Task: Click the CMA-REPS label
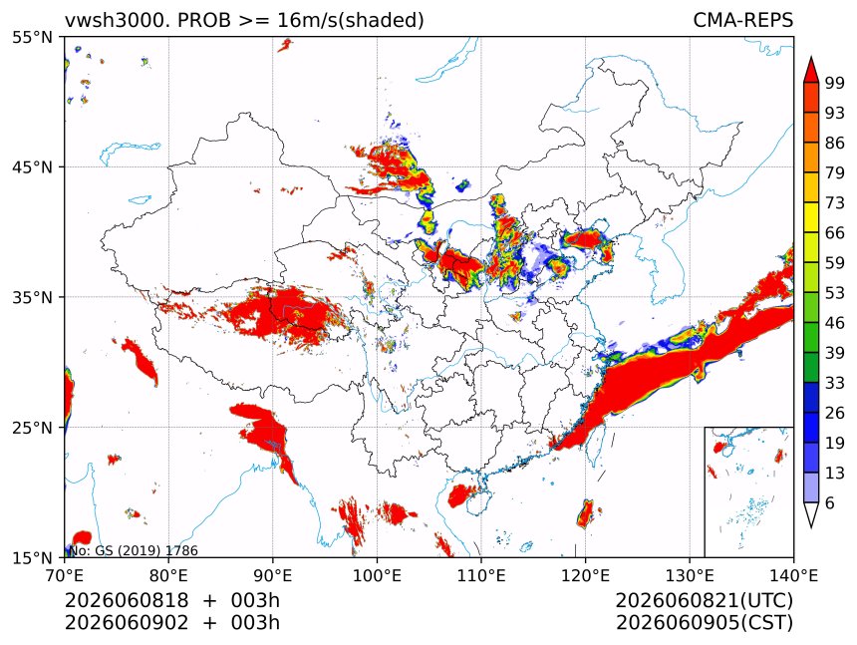(x=742, y=20)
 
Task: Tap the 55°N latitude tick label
(x=33, y=37)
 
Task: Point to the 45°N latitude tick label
(x=33, y=166)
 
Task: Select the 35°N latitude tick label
(x=33, y=297)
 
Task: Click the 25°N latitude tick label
(x=33, y=428)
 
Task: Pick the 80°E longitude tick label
(x=168, y=575)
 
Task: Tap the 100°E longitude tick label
(x=377, y=575)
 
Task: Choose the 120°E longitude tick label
(x=585, y=575)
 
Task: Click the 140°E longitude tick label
(x=793, y=575)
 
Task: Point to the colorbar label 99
(x=835, y=83)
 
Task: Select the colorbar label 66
(x=835, y=233)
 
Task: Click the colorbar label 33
(x=835, y=383)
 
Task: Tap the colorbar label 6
(x=830, y=502)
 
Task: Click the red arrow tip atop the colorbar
(x=811, y=57)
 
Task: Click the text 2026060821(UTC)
(x=705, y=600)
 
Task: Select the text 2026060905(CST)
(x=705, y=622)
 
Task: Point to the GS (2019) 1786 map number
(x=146, y=550)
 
